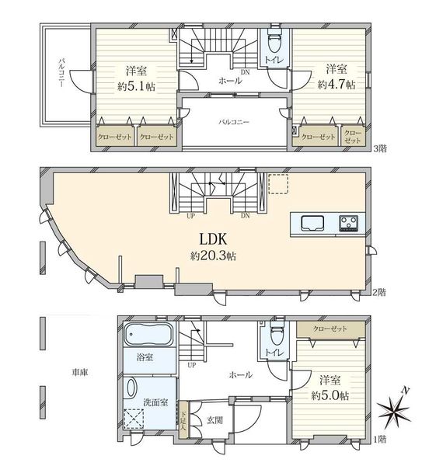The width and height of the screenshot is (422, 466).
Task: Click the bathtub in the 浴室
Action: point(148,335)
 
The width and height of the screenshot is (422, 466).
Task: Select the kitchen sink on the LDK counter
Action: point(312,223)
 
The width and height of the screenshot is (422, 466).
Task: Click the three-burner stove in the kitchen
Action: point(349,224)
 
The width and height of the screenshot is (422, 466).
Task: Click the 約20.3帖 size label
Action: point(213,256)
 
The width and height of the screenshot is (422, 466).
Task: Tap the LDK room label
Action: point(213,239)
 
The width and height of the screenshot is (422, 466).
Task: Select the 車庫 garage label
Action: point(80,372)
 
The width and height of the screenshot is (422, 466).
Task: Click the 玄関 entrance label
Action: point(214,420)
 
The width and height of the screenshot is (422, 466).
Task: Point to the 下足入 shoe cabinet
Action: point(183,420)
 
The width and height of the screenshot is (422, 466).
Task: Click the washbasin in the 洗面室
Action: point(132,388)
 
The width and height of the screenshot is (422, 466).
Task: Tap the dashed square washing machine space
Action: point(134,419)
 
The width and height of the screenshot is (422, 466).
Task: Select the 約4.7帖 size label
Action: point(337,85)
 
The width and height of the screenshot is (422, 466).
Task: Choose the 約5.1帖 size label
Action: point(136,86)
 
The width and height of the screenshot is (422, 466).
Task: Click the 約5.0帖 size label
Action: point(330,395)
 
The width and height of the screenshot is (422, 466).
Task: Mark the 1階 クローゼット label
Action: point(330,329)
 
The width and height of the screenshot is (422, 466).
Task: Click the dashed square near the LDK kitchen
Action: point(278,184)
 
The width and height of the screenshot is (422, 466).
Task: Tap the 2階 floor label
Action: point(380,293)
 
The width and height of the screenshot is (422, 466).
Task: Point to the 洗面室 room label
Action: point(155,402)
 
